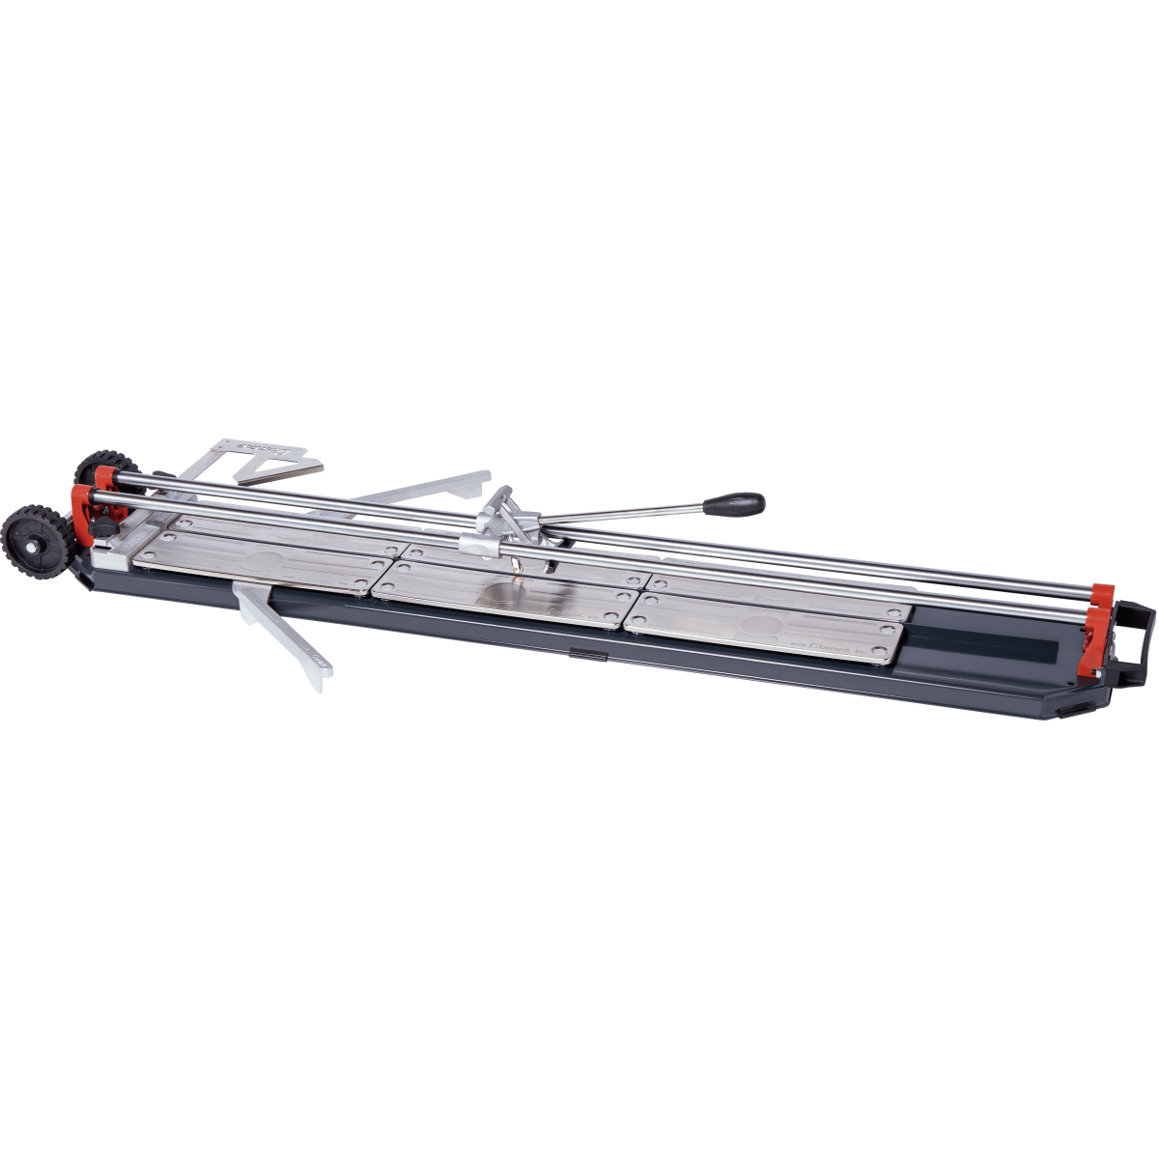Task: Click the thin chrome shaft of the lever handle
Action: [x=618, y=515]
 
